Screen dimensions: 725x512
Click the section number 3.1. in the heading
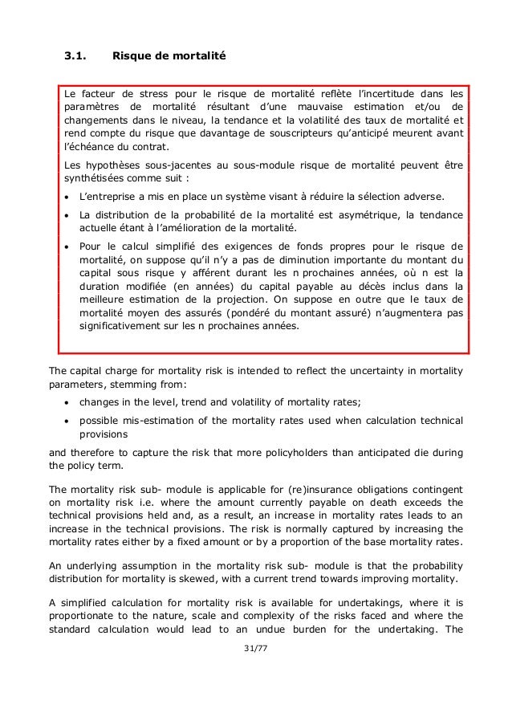pos(78,56)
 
